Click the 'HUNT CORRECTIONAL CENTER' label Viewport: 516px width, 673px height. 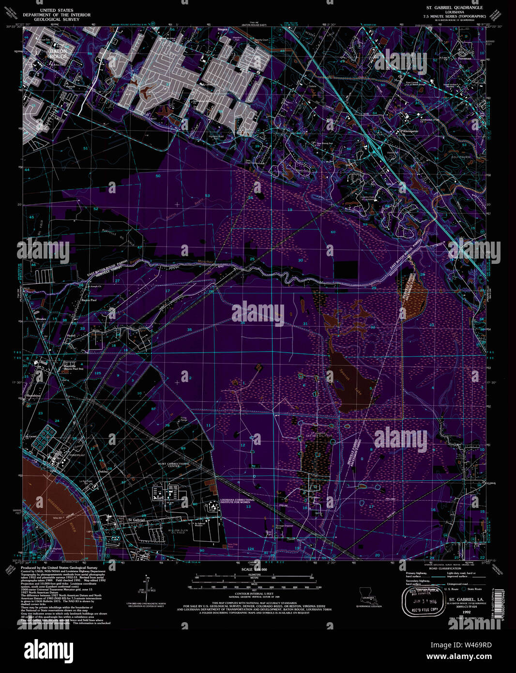pos(173,465)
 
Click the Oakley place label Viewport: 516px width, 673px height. pos(103,471)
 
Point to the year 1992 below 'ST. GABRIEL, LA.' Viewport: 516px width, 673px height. pos(466,612)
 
